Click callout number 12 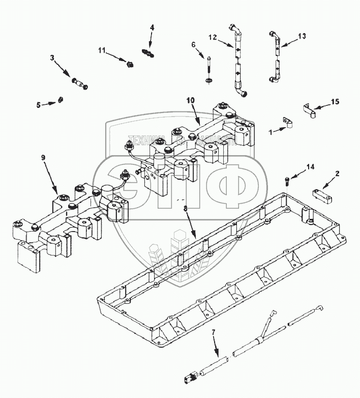213,37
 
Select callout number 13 302,36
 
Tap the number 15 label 335,102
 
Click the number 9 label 43,158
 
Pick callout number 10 190,101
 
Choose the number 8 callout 185,209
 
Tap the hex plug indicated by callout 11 129,64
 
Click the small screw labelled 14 288,179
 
